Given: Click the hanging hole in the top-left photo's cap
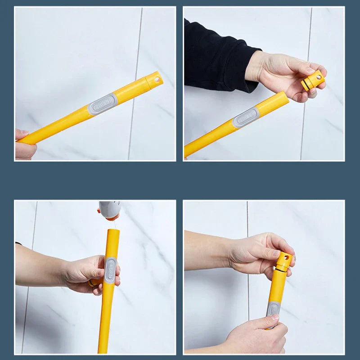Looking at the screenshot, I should tap(157, 79).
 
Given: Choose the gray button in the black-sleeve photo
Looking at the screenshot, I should tap(246, 117).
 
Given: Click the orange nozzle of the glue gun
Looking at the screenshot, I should tap(110, 216).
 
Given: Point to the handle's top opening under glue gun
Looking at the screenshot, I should tap(113, 230).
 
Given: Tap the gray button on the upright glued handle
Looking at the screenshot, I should tap(110, 270).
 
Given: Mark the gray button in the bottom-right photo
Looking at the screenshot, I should tap(273, 310).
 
